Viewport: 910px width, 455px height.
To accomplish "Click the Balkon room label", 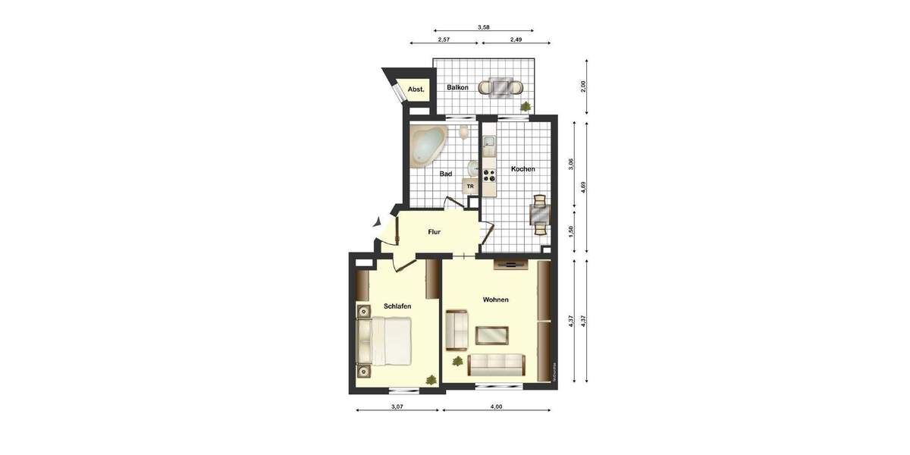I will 457,88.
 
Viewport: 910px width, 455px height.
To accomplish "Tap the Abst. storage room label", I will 416,89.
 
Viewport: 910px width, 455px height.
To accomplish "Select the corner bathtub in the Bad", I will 428,145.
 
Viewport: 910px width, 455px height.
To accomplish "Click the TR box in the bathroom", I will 470,186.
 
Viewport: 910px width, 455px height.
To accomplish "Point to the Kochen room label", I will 522,169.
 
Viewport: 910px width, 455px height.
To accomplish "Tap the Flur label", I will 434,232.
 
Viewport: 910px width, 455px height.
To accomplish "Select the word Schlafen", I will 397,306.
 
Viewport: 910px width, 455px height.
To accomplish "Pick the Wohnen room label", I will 495,300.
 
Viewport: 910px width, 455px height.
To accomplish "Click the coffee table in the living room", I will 491,334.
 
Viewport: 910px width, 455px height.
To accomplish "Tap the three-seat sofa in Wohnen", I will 497,365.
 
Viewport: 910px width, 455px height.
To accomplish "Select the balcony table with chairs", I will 501,87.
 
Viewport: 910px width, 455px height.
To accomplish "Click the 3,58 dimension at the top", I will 483,27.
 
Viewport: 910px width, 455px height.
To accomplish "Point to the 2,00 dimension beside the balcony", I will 582,86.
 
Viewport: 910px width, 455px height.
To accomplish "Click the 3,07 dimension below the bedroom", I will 397,407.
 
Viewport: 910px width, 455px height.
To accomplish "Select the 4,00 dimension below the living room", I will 496,407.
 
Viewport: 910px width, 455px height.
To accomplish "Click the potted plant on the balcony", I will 525,108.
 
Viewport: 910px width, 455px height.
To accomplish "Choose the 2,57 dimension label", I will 444,39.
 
